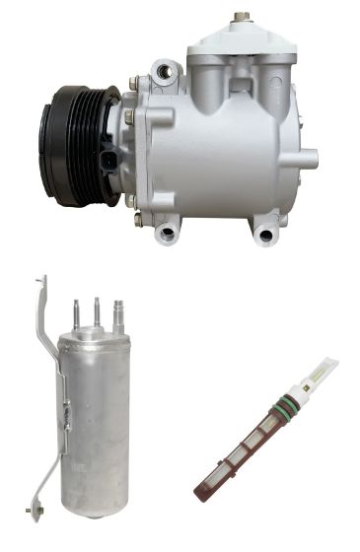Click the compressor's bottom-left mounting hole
pyautogui.click(x=167, y=233)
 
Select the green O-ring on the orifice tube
pyautogui.click(x=283, y=403)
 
